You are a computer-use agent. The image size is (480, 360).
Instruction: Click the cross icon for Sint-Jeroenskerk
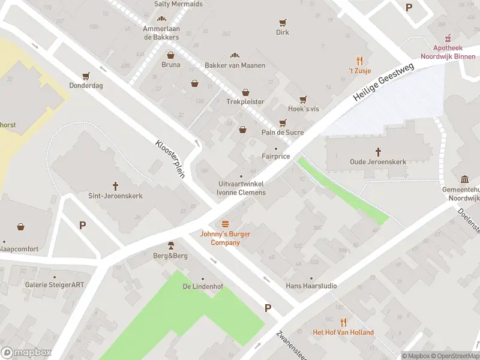tap(115, 185)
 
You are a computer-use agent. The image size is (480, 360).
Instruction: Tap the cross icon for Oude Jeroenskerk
tap(379, 151)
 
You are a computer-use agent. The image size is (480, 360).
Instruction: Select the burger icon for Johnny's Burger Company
tap(225, 224)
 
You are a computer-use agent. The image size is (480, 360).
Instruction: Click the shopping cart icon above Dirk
tap(282, 23)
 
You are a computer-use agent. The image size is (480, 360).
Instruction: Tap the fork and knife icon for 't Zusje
tap(359, 60)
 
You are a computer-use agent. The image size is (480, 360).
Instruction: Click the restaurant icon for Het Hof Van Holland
tap(343, 322)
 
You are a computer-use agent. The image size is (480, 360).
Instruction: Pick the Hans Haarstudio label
tap(311, 286)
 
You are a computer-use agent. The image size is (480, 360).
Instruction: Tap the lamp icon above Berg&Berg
tap(171, 245)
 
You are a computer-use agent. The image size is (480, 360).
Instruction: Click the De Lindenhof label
tap(203, 287)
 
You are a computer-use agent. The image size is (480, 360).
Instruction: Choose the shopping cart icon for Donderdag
tap(86, 76)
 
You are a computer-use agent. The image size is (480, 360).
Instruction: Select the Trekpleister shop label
tap(245, 101)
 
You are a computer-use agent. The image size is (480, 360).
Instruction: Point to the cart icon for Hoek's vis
tap(303, 99)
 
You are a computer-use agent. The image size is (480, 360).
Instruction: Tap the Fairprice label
tap(276, 157)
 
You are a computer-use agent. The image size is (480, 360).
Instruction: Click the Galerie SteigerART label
tap(55, 285)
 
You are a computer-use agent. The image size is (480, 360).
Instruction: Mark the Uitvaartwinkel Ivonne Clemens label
tap(241, 188)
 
